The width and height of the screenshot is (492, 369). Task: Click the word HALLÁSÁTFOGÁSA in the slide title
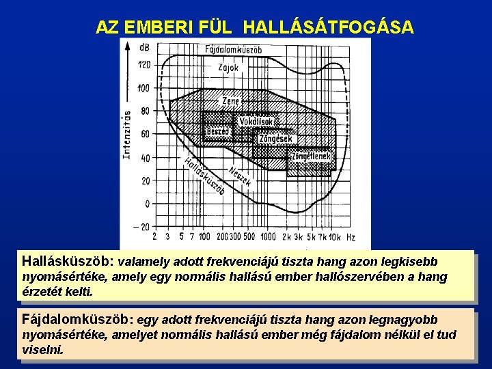[328, 27]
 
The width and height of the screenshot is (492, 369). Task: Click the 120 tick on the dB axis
[143, 65]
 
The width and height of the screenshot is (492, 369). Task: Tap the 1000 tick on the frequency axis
[267, 236]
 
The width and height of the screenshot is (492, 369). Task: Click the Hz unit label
[351, 236]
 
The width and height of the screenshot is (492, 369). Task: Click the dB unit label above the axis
[145, 47]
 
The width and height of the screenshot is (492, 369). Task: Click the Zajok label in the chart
[228, 67]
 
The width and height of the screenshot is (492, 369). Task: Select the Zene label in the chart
[231, 100]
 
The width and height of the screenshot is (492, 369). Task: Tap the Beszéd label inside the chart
[218, 131]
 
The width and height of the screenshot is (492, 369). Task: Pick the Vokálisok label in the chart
[256, 122]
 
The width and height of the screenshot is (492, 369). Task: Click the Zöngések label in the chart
[276, 139]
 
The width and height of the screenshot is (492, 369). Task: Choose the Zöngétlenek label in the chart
[311, 156]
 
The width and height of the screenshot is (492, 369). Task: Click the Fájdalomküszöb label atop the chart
[233, 49]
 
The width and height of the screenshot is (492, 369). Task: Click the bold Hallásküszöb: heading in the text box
[68, 261]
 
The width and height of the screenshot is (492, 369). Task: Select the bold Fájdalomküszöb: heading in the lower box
[79, 320]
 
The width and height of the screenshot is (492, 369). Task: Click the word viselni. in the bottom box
[42, 349]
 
